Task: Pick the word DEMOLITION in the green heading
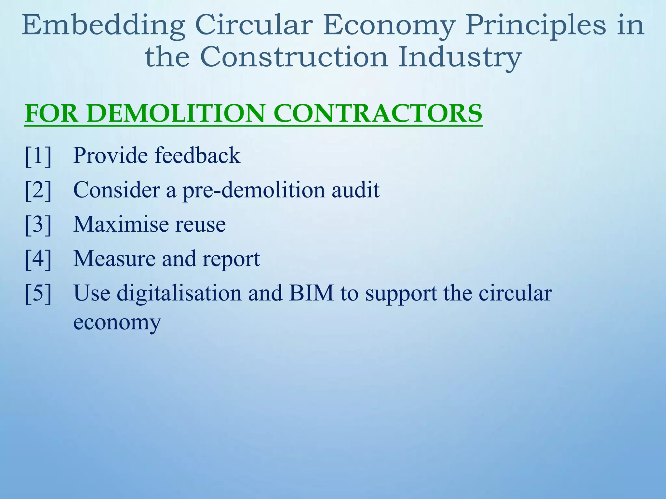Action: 176,113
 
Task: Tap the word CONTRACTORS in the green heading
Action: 378,113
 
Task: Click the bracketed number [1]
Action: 38,156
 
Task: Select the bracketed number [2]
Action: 38,190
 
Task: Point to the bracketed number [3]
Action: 38,224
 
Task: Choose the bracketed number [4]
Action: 38,259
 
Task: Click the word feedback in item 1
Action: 197,155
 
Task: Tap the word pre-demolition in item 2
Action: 254,190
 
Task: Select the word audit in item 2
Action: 355,190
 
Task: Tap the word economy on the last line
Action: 117,323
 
